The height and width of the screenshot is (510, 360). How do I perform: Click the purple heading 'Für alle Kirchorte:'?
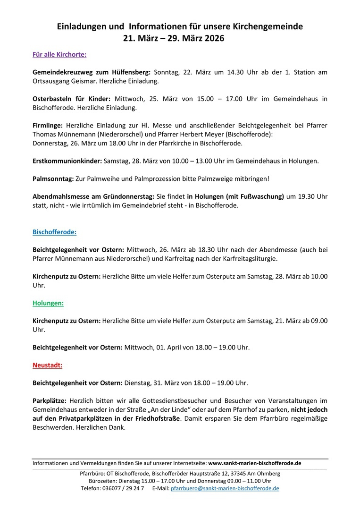[59, 54]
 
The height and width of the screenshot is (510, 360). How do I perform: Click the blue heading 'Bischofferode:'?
[54, 232]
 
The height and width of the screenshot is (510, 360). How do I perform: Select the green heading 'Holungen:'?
[48, 303]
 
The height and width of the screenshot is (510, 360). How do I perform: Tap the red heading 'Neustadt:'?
[47, 365]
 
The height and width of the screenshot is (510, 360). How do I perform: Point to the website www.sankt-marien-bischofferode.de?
[255, 464]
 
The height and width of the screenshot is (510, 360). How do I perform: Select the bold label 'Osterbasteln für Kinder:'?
[71, 99]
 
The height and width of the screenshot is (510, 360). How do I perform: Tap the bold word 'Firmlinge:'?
[48, 125]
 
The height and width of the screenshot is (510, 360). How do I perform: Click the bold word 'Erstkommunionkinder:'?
[67, 161]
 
